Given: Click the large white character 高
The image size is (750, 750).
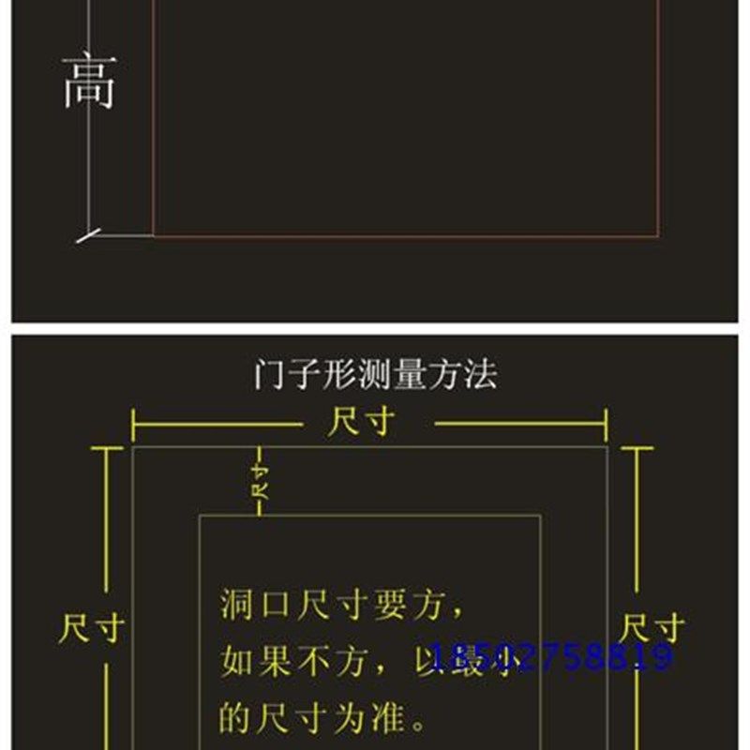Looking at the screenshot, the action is [89, 82].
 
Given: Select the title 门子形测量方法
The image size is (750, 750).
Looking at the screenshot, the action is [375, 375].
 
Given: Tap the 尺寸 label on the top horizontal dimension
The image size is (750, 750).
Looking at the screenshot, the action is [361, 423].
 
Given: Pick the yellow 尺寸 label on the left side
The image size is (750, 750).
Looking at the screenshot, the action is [92, 628].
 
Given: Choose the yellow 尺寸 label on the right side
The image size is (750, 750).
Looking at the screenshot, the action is [652, 627].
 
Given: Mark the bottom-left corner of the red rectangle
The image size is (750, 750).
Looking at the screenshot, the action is [154, 235].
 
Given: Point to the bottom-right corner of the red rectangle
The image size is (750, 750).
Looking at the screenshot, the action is [658, 235].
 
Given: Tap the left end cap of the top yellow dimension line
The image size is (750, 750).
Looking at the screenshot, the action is [133, 425].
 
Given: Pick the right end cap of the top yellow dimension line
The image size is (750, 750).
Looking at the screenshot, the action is [607, 425].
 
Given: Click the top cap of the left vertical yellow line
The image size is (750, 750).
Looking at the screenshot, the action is [107, 449].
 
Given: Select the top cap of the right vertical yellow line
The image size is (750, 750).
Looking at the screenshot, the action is [637, 449].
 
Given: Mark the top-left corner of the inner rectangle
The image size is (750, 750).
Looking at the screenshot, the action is [199, 516].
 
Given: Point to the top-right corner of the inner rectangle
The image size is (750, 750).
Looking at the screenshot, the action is [540, 516].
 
